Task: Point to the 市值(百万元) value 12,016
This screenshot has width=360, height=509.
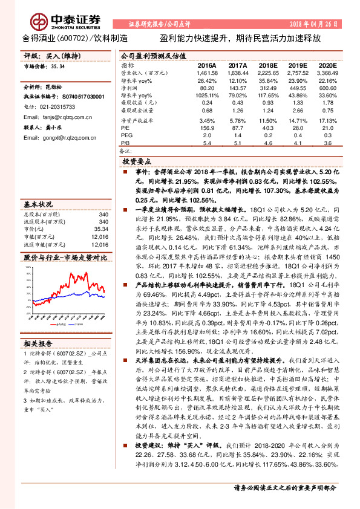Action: click(99, 238)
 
